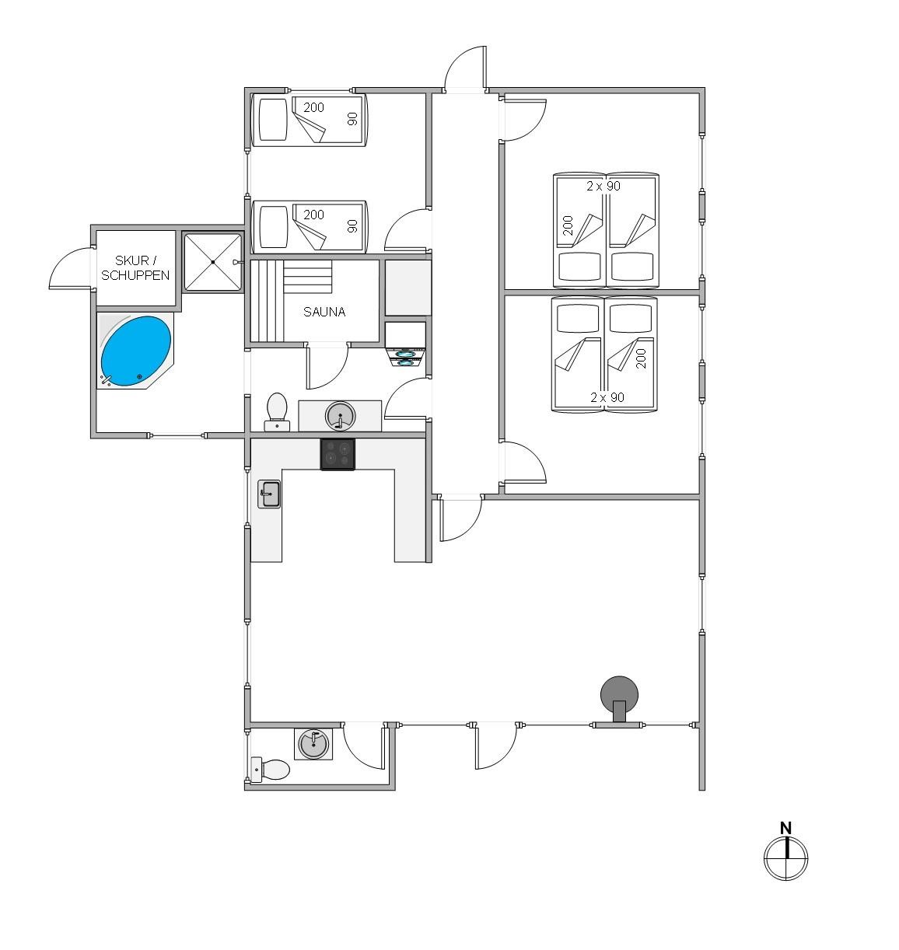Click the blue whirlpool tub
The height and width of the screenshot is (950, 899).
[x=135, y=351]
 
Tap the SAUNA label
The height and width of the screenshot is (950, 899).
[x=324, y=313]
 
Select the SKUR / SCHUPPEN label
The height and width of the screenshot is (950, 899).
[x=135, y=267]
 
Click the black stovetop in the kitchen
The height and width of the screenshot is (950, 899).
[x=338, y=454]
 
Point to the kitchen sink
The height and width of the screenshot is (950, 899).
[x=269, y=494]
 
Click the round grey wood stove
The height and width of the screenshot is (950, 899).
[x=619, y=698]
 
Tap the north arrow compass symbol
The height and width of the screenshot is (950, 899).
[x=785, y=857]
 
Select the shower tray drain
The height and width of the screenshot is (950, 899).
[x=213, y=263]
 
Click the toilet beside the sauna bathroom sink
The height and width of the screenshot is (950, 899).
[x=277, y=411]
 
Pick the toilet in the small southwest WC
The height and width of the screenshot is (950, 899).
[x=271, y=770]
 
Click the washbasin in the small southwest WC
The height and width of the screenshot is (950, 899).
[x=313, y=745]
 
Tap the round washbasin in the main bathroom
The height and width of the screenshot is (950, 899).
[x=341, y=417]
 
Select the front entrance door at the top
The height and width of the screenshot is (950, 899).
[x=465, y=68]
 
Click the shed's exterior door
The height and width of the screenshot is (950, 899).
[x=71, y=268]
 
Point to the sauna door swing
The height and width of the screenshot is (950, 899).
[x=327, y=367]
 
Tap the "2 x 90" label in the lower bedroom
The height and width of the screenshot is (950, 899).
[x=607, y=397]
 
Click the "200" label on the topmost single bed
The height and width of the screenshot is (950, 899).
[x=313, y=107]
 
